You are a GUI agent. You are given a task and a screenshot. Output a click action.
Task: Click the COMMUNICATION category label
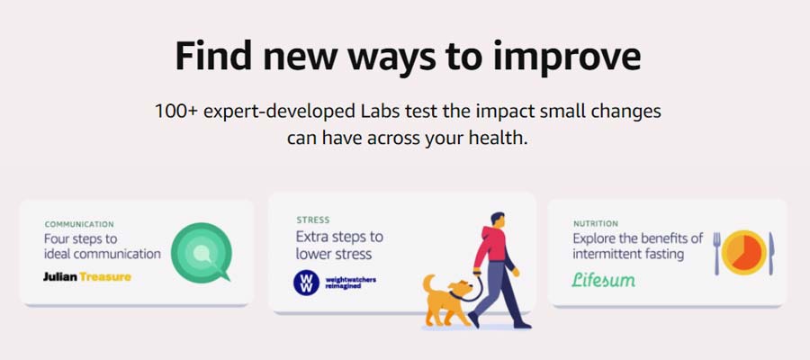pos(79,225)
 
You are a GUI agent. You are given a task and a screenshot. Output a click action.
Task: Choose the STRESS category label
pos(313,220)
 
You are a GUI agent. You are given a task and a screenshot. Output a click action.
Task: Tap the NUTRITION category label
pos(596,224)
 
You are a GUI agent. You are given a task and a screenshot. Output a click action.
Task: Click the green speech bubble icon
pos(201,252)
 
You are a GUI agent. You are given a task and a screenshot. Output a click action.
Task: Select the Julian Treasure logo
pos(87,277)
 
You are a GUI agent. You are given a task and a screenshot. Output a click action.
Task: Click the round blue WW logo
pos(306,283)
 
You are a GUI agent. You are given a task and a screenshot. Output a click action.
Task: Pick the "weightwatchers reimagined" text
pos(351,283)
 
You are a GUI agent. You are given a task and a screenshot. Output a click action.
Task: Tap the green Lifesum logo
pos(603,279)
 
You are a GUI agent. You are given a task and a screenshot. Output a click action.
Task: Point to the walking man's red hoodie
pos(490,247)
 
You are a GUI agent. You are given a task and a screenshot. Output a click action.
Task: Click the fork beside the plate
pos(716,253)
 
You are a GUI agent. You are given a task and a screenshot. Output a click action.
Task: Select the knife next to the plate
pos(771,253)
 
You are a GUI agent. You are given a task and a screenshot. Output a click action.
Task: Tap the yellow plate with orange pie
pos(744,253)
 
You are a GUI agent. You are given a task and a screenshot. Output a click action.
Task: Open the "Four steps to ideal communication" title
pos(103,247)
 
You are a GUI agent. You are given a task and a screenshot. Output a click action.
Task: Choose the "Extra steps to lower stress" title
pos(339,246)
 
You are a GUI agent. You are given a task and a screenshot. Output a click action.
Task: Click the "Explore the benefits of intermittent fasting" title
pos(638,247)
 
